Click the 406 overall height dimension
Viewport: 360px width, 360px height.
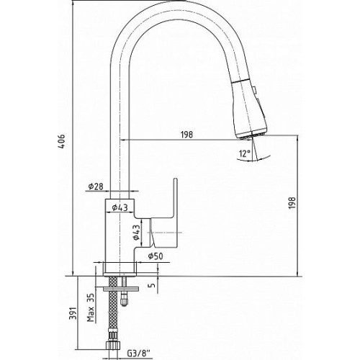click(62, 142)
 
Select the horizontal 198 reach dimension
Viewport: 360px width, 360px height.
click(186, 135)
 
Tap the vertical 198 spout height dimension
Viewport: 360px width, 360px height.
click(292, 203)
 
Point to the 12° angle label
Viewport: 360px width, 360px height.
click(245, 153)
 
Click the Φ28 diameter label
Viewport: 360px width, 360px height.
click(96, 186)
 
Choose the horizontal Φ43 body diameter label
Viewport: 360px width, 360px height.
click(120, 207)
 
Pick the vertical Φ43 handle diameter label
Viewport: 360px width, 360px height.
click(136, 233)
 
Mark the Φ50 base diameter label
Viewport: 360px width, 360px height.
click(156, 256)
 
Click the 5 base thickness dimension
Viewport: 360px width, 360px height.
click(153, 285)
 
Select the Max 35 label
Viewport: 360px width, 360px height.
click(91, 307)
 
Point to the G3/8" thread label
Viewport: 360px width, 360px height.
click(139, 354)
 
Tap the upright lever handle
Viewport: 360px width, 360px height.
click(164, 214)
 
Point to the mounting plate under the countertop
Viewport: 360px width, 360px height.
click(121, 289)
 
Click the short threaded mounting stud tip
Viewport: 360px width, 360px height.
click(124, 302)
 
